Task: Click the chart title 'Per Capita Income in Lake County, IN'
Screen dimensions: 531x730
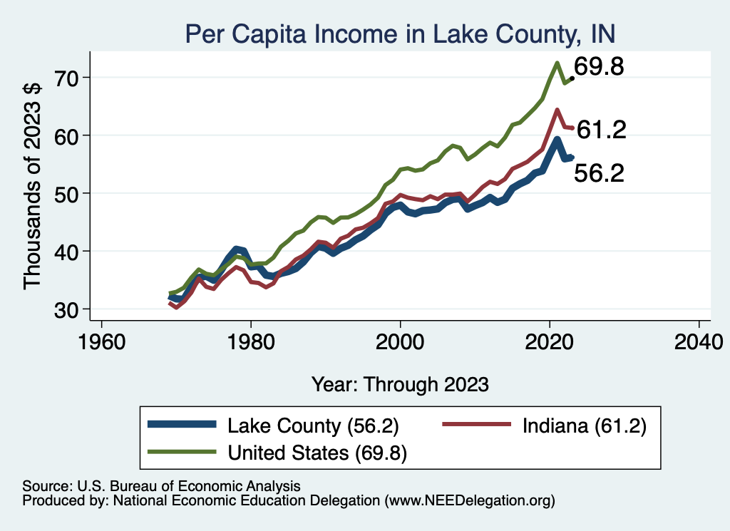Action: tap(399, 33)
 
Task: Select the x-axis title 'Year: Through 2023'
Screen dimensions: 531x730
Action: tap(400, 384)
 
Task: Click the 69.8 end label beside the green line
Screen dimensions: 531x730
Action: tap(600, 68)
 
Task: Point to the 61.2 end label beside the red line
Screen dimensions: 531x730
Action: tap(601, 130)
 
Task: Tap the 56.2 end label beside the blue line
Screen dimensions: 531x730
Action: tap(600, 173)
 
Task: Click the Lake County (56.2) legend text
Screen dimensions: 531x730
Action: tap(312, 426)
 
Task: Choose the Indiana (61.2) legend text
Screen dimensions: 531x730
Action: tap(584, 426)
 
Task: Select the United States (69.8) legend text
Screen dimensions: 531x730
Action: tap(317, 453)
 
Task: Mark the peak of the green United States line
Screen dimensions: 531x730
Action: tap(556, 63)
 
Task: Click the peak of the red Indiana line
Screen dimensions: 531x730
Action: tap(557, 110)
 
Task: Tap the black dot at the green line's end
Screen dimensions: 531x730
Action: tap(572, 78)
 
